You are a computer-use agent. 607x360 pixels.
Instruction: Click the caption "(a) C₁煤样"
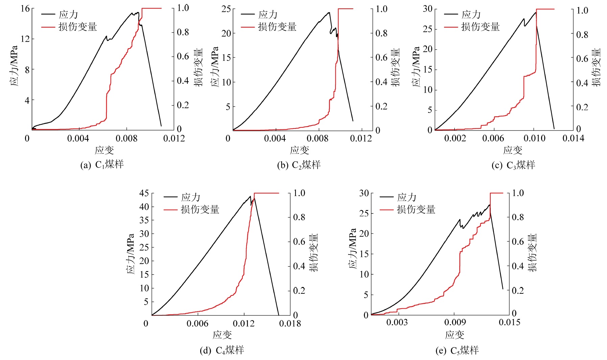coord(102,165)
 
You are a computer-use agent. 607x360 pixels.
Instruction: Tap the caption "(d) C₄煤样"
coord(222,350)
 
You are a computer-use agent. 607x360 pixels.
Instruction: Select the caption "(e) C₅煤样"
coord(457,351)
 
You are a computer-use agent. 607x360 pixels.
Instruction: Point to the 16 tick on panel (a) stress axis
coord(25,8)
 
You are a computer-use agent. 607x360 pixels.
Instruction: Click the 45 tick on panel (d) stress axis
coord(144,193)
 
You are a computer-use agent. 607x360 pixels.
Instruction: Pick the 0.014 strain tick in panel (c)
coord(573,138)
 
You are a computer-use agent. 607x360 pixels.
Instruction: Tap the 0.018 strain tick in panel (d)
coord(290,323)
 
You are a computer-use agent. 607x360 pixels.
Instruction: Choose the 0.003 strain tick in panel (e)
coord(397,322)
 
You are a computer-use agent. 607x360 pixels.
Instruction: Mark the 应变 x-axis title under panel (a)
coord(104,150)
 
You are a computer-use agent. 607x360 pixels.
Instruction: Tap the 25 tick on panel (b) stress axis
coord(226,9)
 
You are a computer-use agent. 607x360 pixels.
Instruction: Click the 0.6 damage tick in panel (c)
coord(582,59)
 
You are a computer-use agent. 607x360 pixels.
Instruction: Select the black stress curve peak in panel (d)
coord(250,196)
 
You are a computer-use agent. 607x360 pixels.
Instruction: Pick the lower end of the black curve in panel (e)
coord(503,289)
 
